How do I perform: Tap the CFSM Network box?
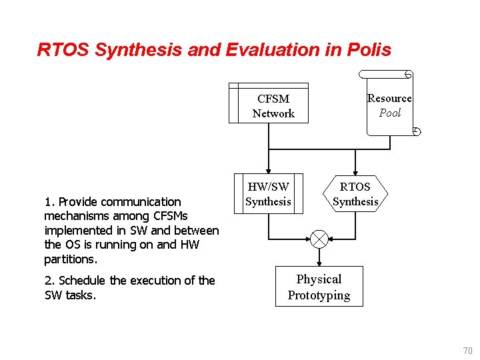click(x=269, y=105)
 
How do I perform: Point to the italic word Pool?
click(x=390, y=113)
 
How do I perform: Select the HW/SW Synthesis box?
click(x=269, y=194)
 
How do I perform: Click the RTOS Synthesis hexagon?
click(x=355, y=194)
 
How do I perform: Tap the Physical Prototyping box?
click(x=319, y=287)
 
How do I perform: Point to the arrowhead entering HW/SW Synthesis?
click(x=269, y=171)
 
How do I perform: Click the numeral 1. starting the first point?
click(x=49, y=201)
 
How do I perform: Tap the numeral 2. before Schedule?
click(x=49, y=281)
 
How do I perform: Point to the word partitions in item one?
click(x=71, y=259)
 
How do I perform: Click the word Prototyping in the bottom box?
click(x=319, y=295)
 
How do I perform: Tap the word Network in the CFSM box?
click(x=273, y=113)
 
